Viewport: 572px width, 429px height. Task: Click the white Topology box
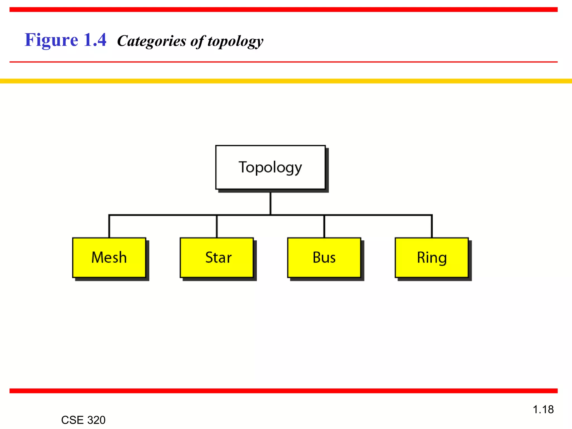point(270,167)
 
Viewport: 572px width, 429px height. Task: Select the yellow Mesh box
point(109,258)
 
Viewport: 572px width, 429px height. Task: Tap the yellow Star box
point(217,258)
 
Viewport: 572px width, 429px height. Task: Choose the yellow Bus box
point(324,258)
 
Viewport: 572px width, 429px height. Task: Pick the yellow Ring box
point(432,258)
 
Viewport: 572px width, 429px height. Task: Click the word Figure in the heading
point(51,40)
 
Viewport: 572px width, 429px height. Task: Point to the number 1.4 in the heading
point(95,40)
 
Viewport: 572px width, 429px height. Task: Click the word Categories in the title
point(152,41)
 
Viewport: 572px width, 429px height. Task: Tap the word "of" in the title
point(197,41)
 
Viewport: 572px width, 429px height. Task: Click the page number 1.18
point(543,409)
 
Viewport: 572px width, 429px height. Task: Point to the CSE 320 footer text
point(83,420)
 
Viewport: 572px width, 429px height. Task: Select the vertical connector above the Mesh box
point(109,227)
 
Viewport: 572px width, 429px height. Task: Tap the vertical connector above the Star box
point(217,227)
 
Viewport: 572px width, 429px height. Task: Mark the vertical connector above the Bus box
point(324,227)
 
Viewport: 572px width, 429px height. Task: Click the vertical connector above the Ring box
point(432,227)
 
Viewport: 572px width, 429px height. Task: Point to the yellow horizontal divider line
point(286,81)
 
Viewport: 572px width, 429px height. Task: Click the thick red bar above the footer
point(283,391)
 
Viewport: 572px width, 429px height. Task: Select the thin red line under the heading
point(283,62)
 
